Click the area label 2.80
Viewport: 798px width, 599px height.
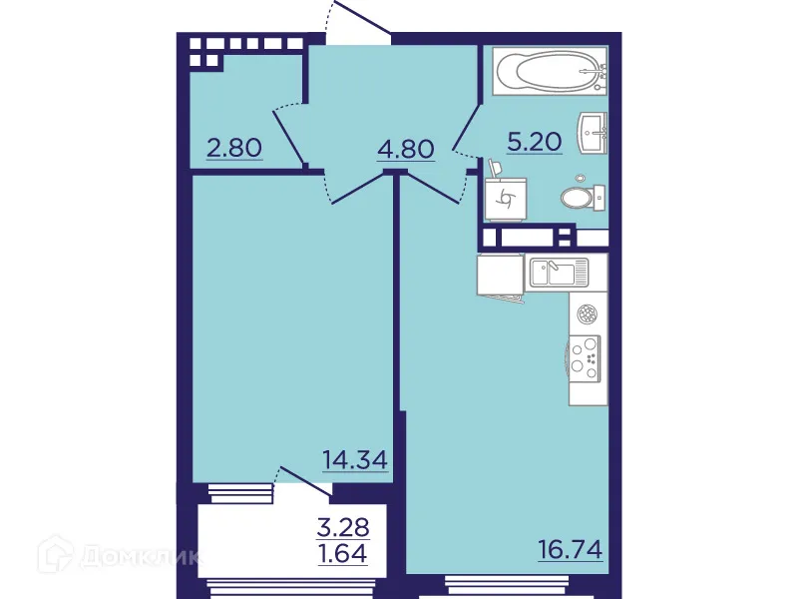[234, 149]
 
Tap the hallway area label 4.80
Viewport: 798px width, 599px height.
[405, 151]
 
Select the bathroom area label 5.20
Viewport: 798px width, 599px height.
[535, 143]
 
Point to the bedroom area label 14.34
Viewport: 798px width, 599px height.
[353, 460]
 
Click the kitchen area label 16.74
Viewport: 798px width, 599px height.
[570, 550]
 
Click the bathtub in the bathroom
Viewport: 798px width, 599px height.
[548, 72]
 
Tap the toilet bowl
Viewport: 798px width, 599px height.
[582, 197]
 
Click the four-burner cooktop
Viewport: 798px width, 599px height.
[588, 357]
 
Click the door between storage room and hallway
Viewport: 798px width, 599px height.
[288, 135]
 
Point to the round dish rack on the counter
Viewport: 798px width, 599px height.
[588, 314]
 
